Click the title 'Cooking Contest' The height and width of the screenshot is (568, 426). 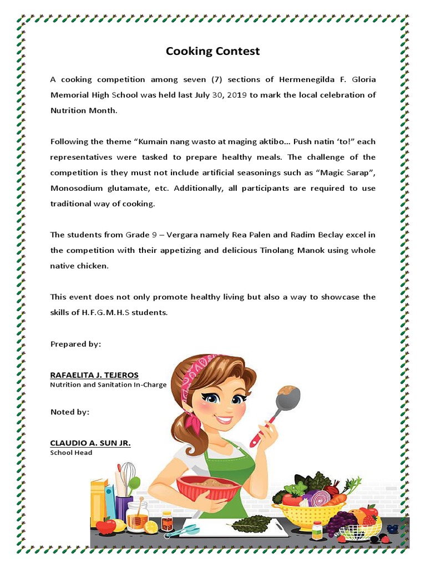(x=213, y=52)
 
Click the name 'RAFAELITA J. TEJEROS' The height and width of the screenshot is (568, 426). (x=94, y=375)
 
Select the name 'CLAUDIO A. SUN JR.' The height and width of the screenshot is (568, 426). (x=90, y=443)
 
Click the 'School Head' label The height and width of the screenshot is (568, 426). (x=71, y=453)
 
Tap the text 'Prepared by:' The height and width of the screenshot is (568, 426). (x=76, y=344)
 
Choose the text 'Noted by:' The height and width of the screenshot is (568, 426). (x=70, y=412)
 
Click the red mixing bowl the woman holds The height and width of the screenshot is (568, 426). (x=209, y=488)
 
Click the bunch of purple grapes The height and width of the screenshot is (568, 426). (x=339, y=522)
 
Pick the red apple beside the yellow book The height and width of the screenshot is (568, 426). (x=105, y=525)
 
